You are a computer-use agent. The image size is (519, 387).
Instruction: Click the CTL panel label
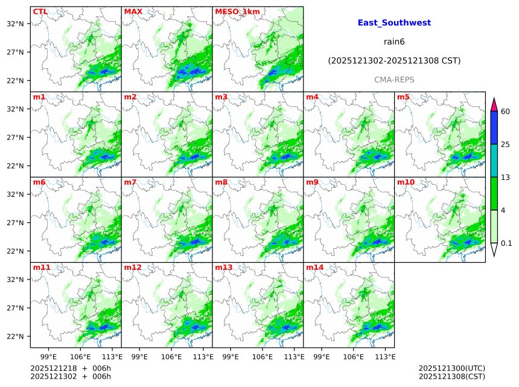point(40,11)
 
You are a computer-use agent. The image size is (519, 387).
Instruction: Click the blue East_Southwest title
point(394,23)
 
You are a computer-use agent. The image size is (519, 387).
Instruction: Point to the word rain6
point(394,42)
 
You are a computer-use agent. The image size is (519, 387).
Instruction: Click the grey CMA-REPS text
point(394,80)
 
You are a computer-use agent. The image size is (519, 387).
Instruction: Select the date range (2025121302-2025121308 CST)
point(394,61)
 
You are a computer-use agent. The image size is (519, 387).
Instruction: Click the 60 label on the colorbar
point(505,112)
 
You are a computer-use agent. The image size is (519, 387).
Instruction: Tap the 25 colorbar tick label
point(505,144)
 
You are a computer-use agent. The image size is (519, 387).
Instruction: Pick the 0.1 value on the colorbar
point(506,243)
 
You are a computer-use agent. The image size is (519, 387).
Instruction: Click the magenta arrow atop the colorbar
point(494,104)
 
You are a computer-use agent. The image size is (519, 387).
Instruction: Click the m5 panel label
point(403,97)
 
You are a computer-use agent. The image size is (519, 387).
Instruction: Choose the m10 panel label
point(405,182)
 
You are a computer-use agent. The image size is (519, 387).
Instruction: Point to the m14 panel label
point(314,267)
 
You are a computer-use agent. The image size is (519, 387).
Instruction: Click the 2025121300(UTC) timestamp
point(451,368)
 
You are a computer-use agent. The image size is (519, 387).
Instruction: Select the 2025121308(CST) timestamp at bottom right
point(451,377)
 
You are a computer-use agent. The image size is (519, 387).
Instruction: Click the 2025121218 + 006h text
point(70,368)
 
